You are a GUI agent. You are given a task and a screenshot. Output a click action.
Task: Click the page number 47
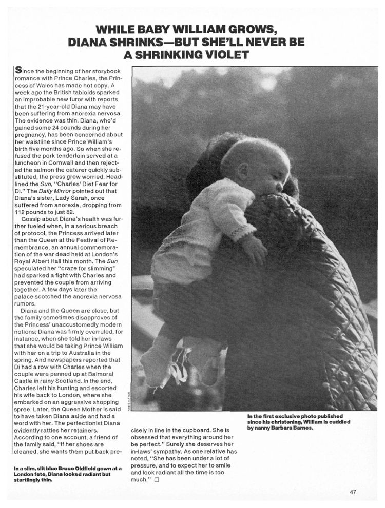pyautogui.click(x=353, y=492)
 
